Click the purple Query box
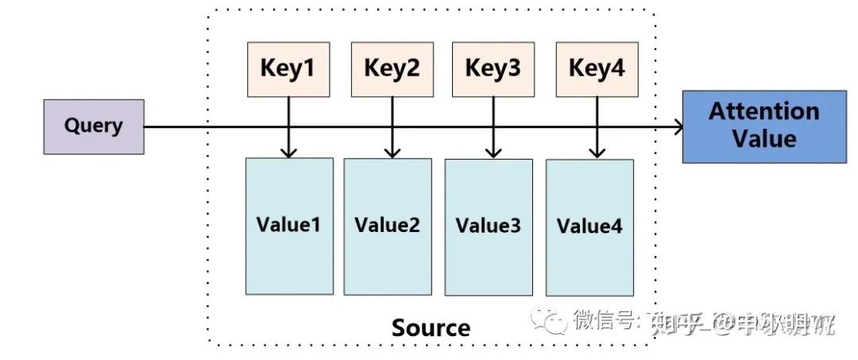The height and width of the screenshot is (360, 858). [94, 126]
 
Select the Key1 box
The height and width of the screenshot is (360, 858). [288, 69]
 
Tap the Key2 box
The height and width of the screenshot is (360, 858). [392, 69]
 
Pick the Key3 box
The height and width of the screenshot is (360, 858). [493, 69]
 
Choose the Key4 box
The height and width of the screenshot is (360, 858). [597, 69]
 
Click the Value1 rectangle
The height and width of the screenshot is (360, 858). [288, 226]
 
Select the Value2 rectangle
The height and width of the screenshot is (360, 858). [388, 226]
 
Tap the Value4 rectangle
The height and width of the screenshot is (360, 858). [589, 228]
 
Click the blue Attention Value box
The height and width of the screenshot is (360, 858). [764, 126]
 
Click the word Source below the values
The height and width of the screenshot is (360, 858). [431, 327]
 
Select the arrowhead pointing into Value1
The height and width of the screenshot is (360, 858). [288, 152]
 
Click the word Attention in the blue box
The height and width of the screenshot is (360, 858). [764, 111]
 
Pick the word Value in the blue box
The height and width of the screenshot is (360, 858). [764, 140]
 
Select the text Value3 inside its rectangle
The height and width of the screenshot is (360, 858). [489, 226]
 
